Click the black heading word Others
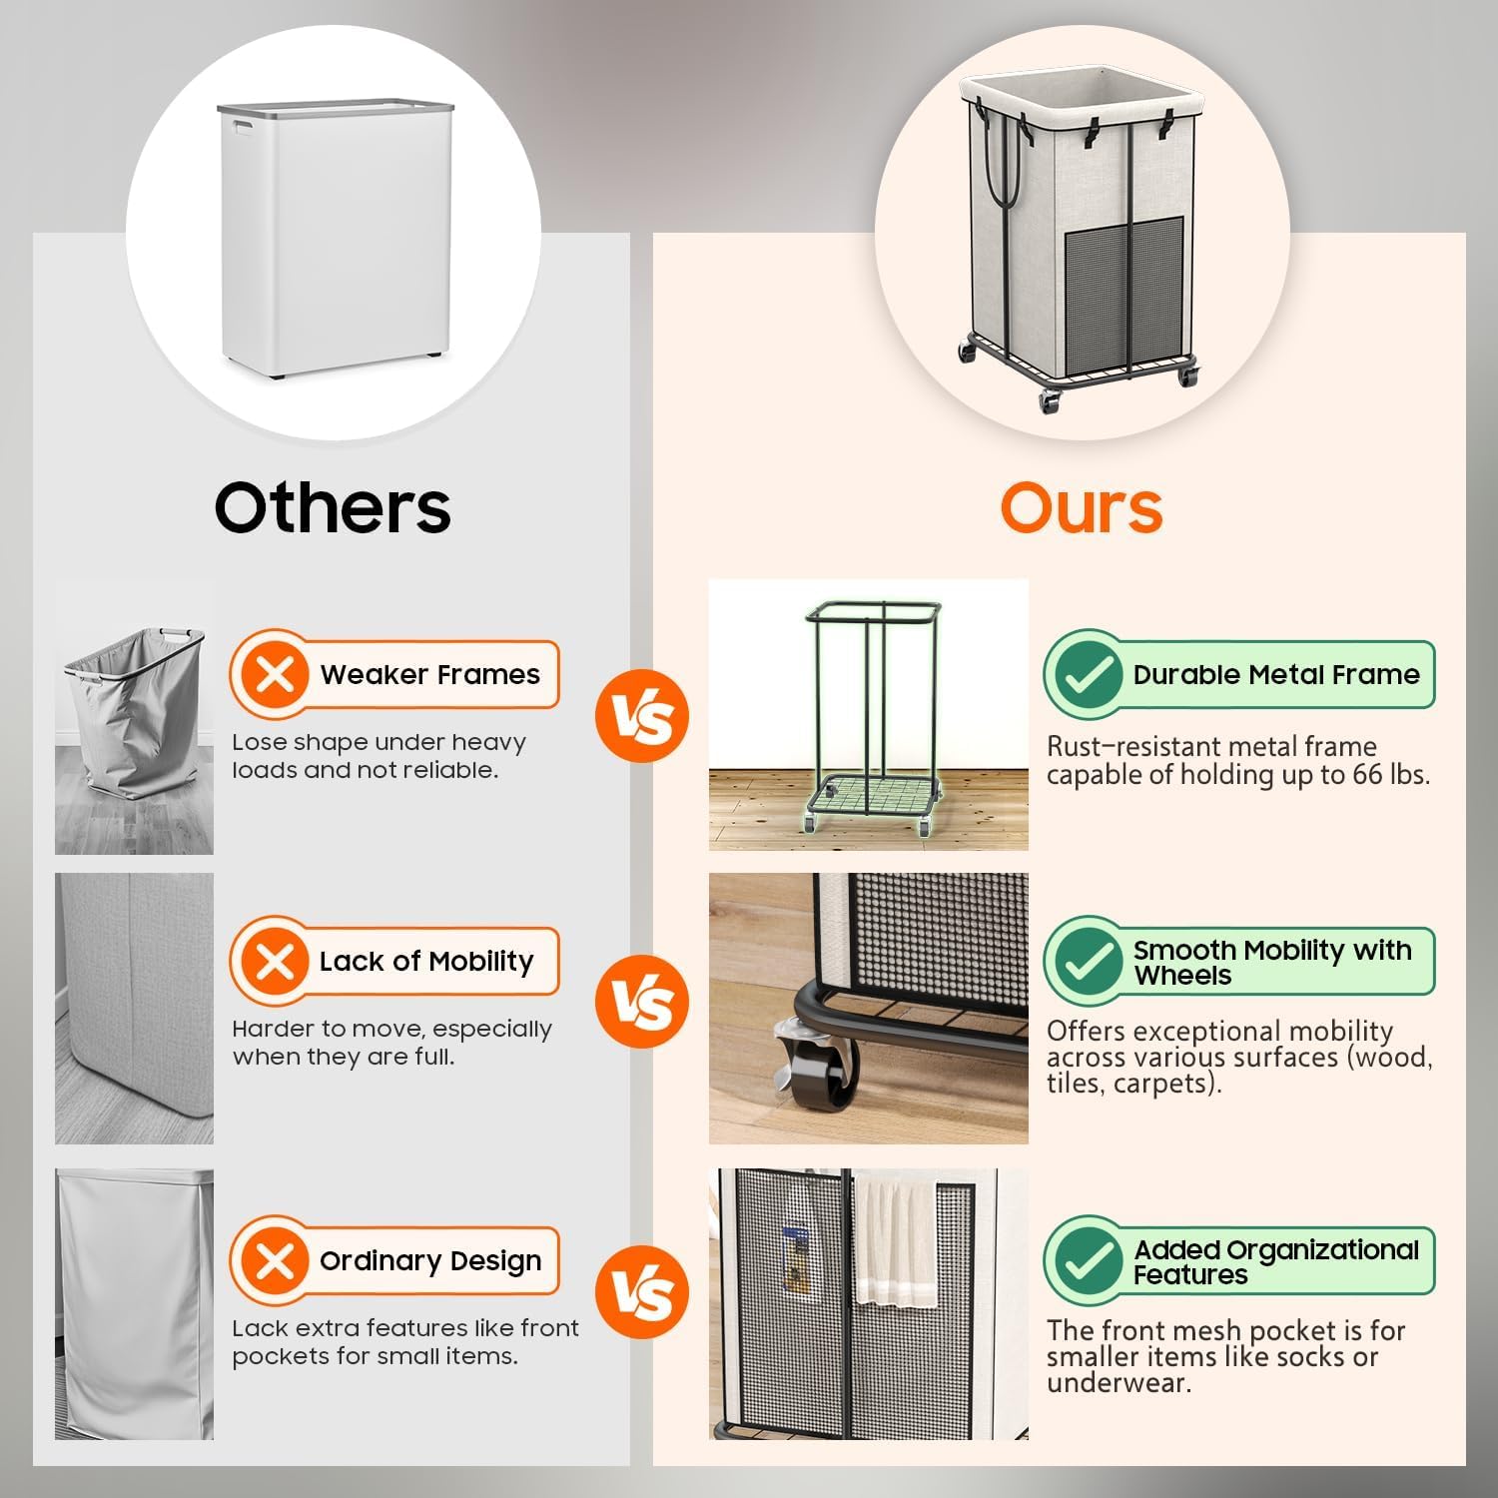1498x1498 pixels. [333, 507]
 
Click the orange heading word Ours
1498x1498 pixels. [1082, 507]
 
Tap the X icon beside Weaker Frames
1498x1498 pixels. [275, 675]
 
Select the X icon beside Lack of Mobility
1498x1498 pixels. [275, 962]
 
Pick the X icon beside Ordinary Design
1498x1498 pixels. [275, 1260]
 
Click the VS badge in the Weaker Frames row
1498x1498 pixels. [642, 716]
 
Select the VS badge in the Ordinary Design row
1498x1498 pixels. [642, 1292]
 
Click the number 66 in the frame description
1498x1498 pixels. [1367, 774]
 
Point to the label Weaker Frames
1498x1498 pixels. [429, 675]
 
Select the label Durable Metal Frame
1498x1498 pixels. [1276, 675]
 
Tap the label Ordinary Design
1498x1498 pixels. [430, 1261]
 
